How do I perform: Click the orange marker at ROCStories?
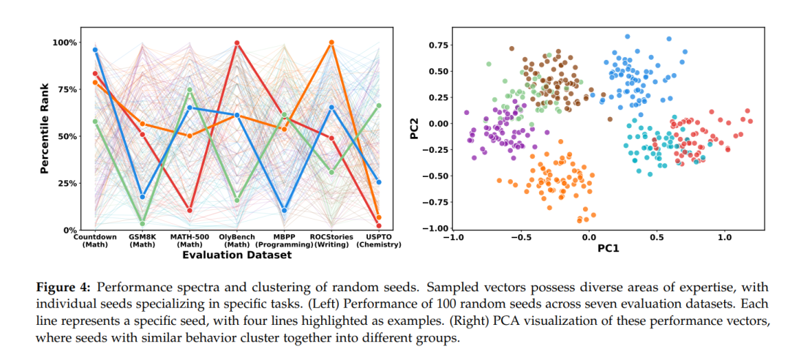pyautogui.click(x=331, y=42)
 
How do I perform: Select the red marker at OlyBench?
pyautogui.click(x=237, y=43)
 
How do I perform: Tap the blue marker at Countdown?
pyautogui.click(x=95, y=50)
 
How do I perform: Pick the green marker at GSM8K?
pyautogui.click(x=143, y=224)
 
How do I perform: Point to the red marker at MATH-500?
pyautogui.click(x=189, y=211)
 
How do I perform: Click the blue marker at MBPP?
pyautogui.click(x=284, y=211)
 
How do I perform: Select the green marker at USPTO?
pyautogui.click(x=378, y=105)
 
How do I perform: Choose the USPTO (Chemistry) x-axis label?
pyautogui.click(x=379, y=241)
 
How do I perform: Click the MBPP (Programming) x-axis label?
pyautogui.click(x=285, y=241)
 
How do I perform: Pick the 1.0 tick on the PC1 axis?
pyautogui.click(x=724, y=238)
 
